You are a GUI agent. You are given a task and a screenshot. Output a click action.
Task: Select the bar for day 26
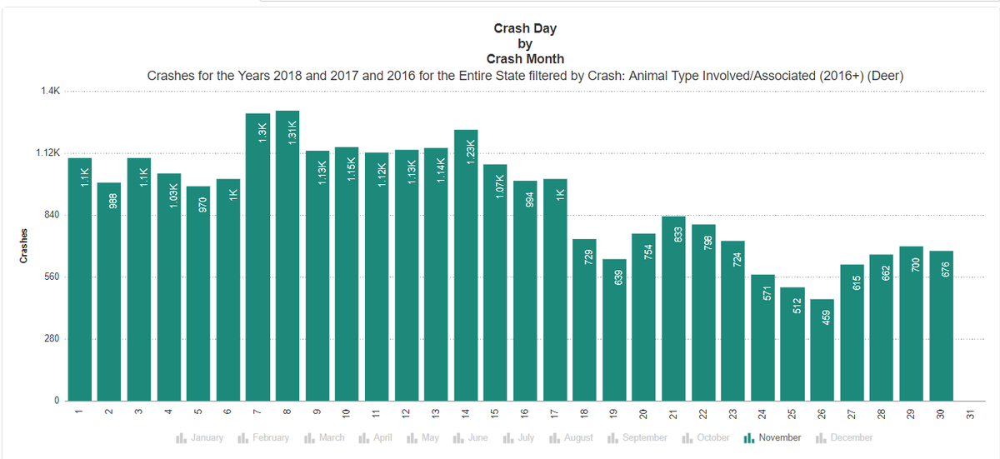click(822, 350)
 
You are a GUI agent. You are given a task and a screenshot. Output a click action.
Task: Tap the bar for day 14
click(466, 267)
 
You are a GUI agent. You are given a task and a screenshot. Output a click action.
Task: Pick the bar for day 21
click(673, 308)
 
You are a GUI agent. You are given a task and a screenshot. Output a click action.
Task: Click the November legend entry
click(772, 437)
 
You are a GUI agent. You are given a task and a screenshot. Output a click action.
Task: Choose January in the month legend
click(200, 437)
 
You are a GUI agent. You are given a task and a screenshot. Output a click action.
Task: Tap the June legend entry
click(472, 437)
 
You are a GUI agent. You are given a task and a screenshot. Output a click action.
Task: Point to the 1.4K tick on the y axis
click(49, 91)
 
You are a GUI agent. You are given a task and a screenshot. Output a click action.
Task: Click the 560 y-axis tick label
click(51, 277)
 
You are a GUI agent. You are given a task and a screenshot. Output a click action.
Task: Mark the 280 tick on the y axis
click(51, 339)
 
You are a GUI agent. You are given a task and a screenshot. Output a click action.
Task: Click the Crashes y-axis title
click(24, 247)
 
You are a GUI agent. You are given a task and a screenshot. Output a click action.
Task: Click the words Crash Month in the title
click(525, 58)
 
